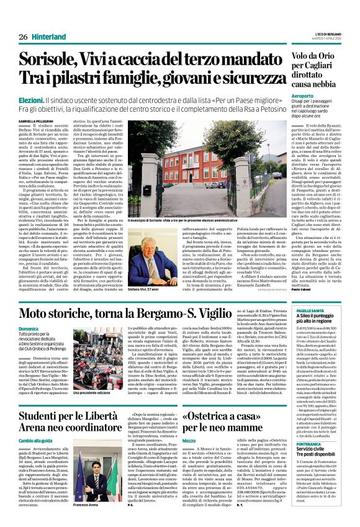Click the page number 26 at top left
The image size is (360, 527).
point(23,37)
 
